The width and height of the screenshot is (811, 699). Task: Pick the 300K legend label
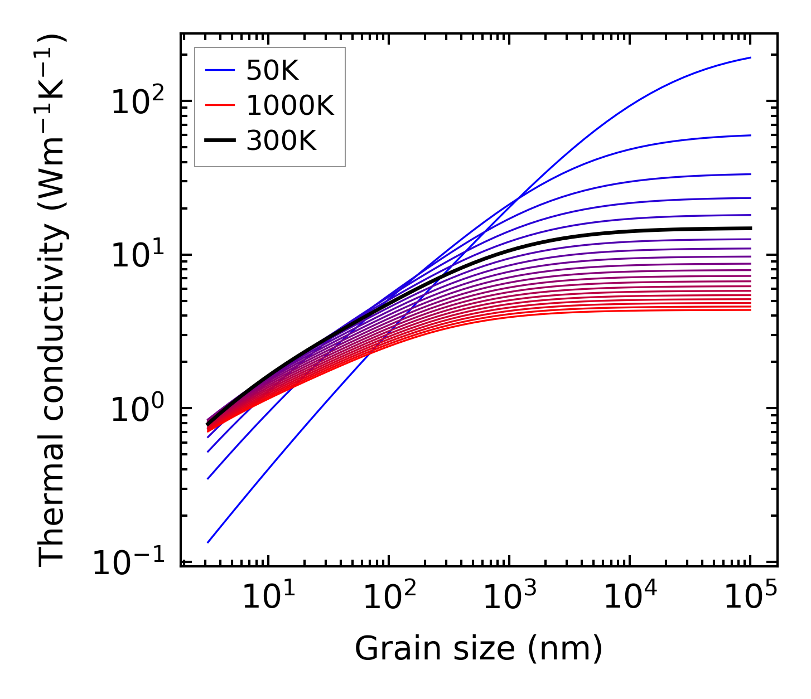click(x=281, y=142)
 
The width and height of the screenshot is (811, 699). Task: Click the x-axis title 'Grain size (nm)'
click(x=479, y=649)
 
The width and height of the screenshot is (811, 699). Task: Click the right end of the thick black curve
click(x=750, y=228)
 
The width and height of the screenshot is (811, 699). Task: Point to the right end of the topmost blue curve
click(x=750, y=57)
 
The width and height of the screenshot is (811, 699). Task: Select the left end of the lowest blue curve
click(x=207, y=542)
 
